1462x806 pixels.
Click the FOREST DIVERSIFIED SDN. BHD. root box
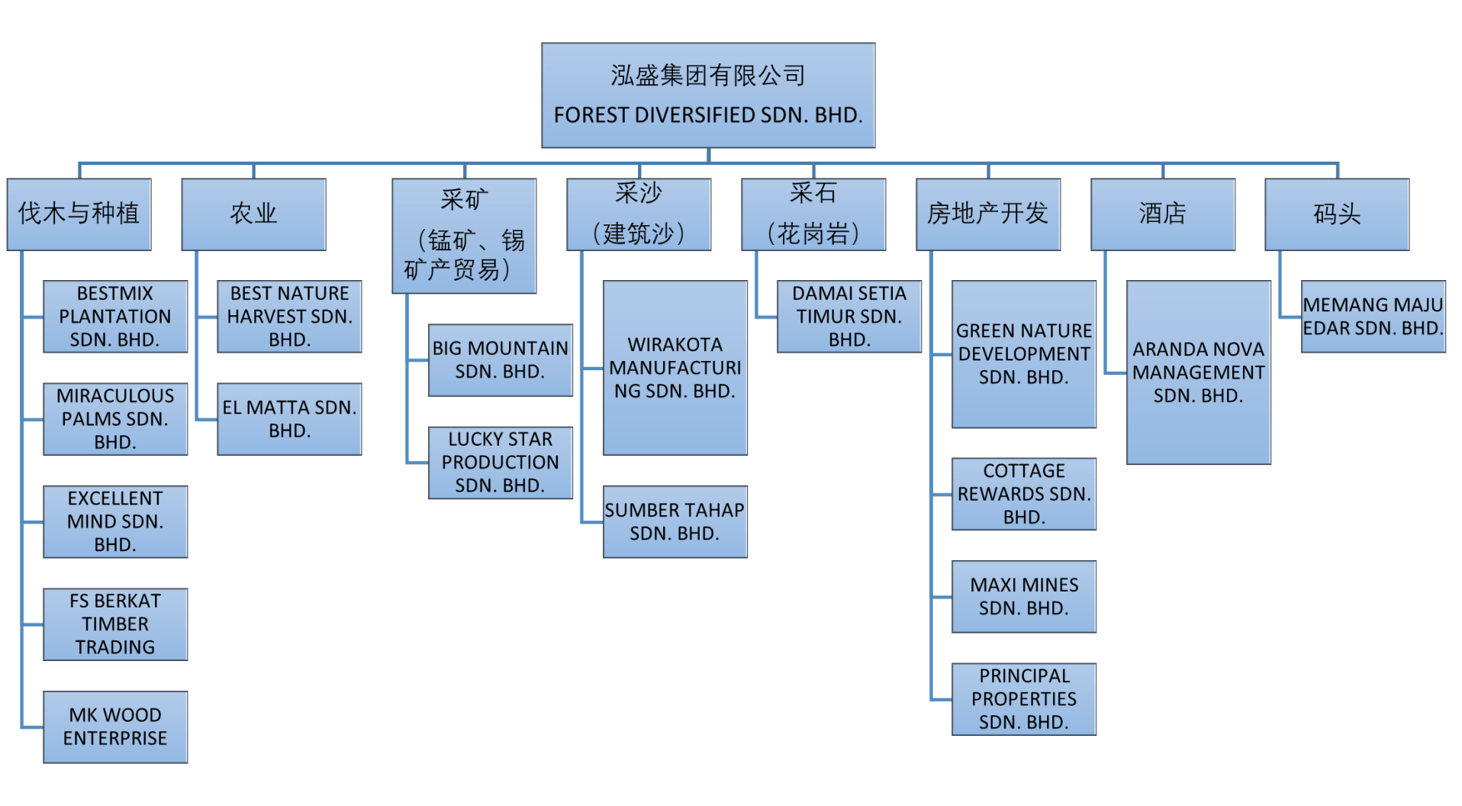point(708,95)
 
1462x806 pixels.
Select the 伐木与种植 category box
point(79,214)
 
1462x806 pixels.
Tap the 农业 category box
point(253,214)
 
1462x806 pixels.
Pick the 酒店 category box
point(1162,214)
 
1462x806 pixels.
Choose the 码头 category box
point(1337,214)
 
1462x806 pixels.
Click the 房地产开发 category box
point(988,214)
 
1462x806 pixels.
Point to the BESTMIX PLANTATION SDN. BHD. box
point(115,316)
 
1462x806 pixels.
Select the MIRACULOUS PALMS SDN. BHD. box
point(115,419)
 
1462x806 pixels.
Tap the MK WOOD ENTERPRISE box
point(115,727)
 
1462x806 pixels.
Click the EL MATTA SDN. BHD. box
point(289,419)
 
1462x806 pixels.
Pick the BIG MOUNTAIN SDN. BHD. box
point(501,360)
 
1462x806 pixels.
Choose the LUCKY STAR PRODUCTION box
point(501,463)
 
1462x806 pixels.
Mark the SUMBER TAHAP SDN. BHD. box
point(675,521)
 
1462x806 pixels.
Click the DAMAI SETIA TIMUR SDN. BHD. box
point(849,316)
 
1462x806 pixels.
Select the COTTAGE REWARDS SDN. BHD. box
point(1024,494)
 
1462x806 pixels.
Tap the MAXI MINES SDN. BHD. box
point(1024,597)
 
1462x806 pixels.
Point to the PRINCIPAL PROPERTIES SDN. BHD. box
point(1024,699)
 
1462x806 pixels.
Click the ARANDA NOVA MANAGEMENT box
point(1198,372)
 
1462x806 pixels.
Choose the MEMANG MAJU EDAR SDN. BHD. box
point(1373,316)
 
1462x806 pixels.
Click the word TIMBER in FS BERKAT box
point(115,624)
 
